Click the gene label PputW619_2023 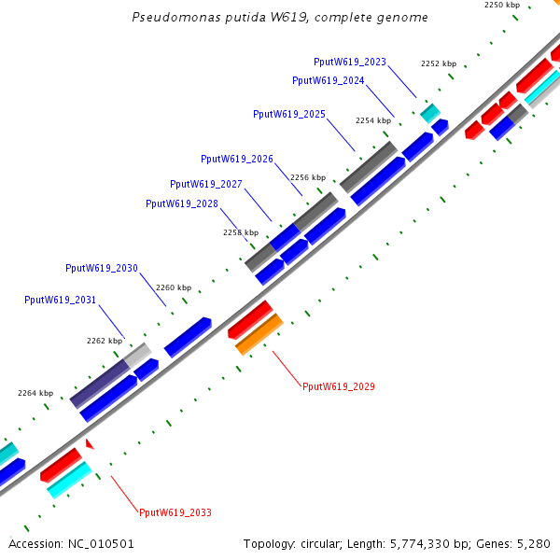pyautogui.click(x=350, y=62)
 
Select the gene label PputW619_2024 pyautogui.click(x=329, y=80)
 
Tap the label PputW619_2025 pyautogui.click(x=289, y=114)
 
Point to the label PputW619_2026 pyautogui.click(x=237, y=159)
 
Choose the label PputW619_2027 pyautogui.click(x=206, y=184)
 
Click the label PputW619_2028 pyautogui.click(x=182, y=203)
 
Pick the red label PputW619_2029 pyautogui.click(x=339, y=385)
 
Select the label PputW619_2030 pyautogui.click(x=102, y=268)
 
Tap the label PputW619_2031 pyautogui.click(x=61, y=300)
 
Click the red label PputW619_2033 pyautogui.click(x=175, y=512)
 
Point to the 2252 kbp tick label pyautogui.click(x=439, y=63)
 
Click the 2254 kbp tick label pyautogui.click(x=373, y=120)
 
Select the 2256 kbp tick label pyautogui.click(x=308, y=176)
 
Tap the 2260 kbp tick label pyautogui.click(x=174, y=287)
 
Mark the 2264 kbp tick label pyautogui.click(x=35, y=393)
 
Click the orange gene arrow pyautogui.click(x=259, y=334)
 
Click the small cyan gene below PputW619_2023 pyautogui.click(x=429, y=113)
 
